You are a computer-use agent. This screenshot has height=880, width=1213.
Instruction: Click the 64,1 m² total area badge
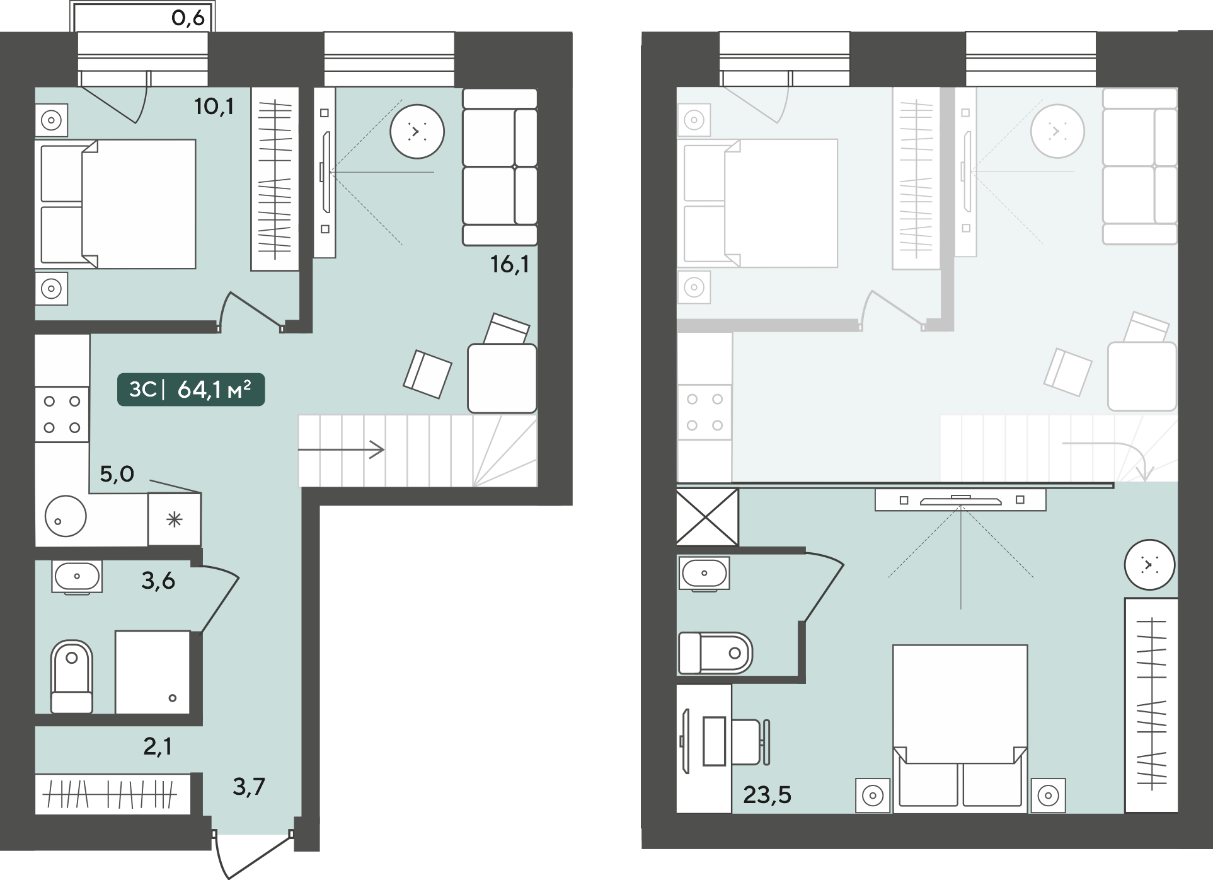coord(191,390)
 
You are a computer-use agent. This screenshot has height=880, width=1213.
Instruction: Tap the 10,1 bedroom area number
coord(214,107)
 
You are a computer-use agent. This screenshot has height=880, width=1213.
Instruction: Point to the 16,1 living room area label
coord(509,264)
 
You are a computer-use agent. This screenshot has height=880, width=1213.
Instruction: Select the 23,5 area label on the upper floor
coord(767,795)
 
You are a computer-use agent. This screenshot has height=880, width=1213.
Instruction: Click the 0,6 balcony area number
coord(188,18)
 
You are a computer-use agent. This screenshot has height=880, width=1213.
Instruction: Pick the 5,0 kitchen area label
coord(117,473)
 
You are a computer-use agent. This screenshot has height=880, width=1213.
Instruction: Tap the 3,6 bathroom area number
coord(158,581)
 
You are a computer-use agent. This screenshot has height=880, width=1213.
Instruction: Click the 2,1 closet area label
coord(157,746)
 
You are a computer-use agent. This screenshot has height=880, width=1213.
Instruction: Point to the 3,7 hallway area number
coord(249,786)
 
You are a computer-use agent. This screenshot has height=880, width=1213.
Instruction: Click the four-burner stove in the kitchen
coord(62,414)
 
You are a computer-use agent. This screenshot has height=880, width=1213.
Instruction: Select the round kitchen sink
coord(66,516)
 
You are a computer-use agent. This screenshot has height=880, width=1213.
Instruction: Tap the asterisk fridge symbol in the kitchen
coord(175,519)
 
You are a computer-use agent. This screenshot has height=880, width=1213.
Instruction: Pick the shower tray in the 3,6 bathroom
coord(152,672)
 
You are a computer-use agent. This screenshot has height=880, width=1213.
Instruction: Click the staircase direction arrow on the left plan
coord(341,450)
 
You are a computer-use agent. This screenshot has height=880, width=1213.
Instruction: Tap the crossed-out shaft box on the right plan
coord(707,517)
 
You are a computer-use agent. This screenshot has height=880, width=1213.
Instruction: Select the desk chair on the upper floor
coord(750,741)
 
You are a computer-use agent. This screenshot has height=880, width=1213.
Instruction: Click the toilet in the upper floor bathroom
coord(715,653)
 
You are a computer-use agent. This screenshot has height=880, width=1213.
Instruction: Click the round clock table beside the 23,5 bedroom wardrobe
coord(1149,565)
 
